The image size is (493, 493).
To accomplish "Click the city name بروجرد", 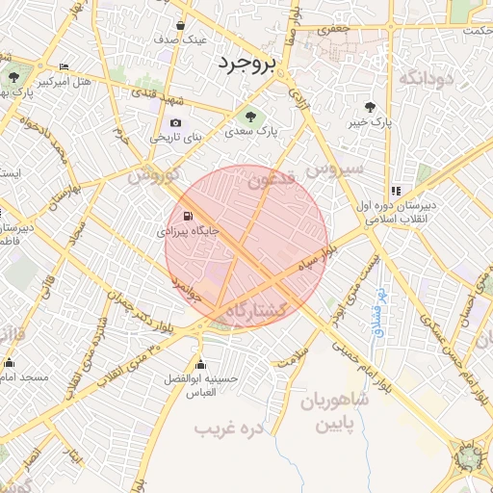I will [246, 64].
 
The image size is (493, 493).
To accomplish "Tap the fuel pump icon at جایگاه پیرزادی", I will [187, 215].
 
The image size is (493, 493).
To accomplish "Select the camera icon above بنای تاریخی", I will [175, 122].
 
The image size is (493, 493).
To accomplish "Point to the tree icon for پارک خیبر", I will [371, 107].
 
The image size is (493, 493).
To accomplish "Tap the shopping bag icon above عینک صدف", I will [181, 25].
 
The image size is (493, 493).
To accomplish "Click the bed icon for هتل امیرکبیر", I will [65, 66].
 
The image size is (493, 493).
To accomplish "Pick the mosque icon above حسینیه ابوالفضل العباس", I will [200, 364].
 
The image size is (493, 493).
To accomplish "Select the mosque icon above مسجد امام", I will [10, 363].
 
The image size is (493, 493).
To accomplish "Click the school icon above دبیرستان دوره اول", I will [396, 191].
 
